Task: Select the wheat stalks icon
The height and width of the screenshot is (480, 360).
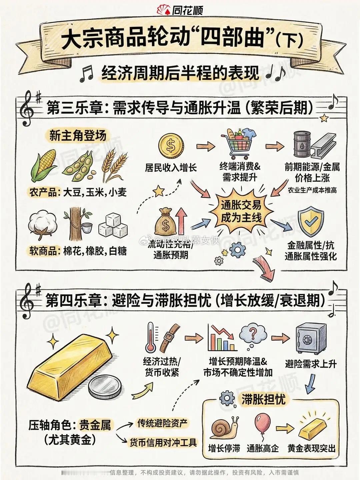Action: (x=114, y=165)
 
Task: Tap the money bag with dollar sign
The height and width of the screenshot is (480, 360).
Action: (x=165, y=222)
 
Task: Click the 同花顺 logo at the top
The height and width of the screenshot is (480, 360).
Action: (x=180, y=10)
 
